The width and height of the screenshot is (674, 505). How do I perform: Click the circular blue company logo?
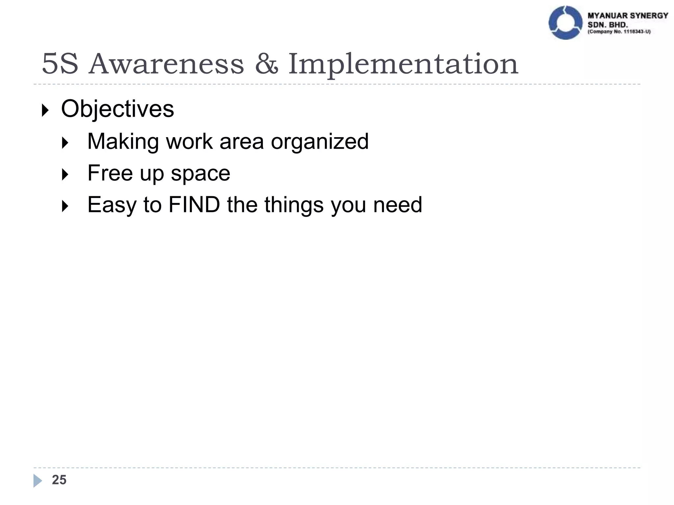565,23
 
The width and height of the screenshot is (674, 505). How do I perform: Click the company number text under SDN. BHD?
619,32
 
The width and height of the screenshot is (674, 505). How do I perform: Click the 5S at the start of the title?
60,64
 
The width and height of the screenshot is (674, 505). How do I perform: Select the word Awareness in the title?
167,64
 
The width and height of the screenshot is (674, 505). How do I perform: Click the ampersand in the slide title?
266,64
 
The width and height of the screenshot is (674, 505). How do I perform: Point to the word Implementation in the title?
403,64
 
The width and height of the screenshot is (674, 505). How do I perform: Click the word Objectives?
117,109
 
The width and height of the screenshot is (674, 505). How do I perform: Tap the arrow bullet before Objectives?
45,110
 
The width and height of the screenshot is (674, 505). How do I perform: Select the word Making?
123,142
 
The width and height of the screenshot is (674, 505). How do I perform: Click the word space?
200,174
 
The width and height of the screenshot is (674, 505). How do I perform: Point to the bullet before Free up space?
65,175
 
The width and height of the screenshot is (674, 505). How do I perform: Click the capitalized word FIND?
194,204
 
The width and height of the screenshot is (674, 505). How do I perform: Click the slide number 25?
59,480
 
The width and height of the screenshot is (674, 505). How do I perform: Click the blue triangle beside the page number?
37,481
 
